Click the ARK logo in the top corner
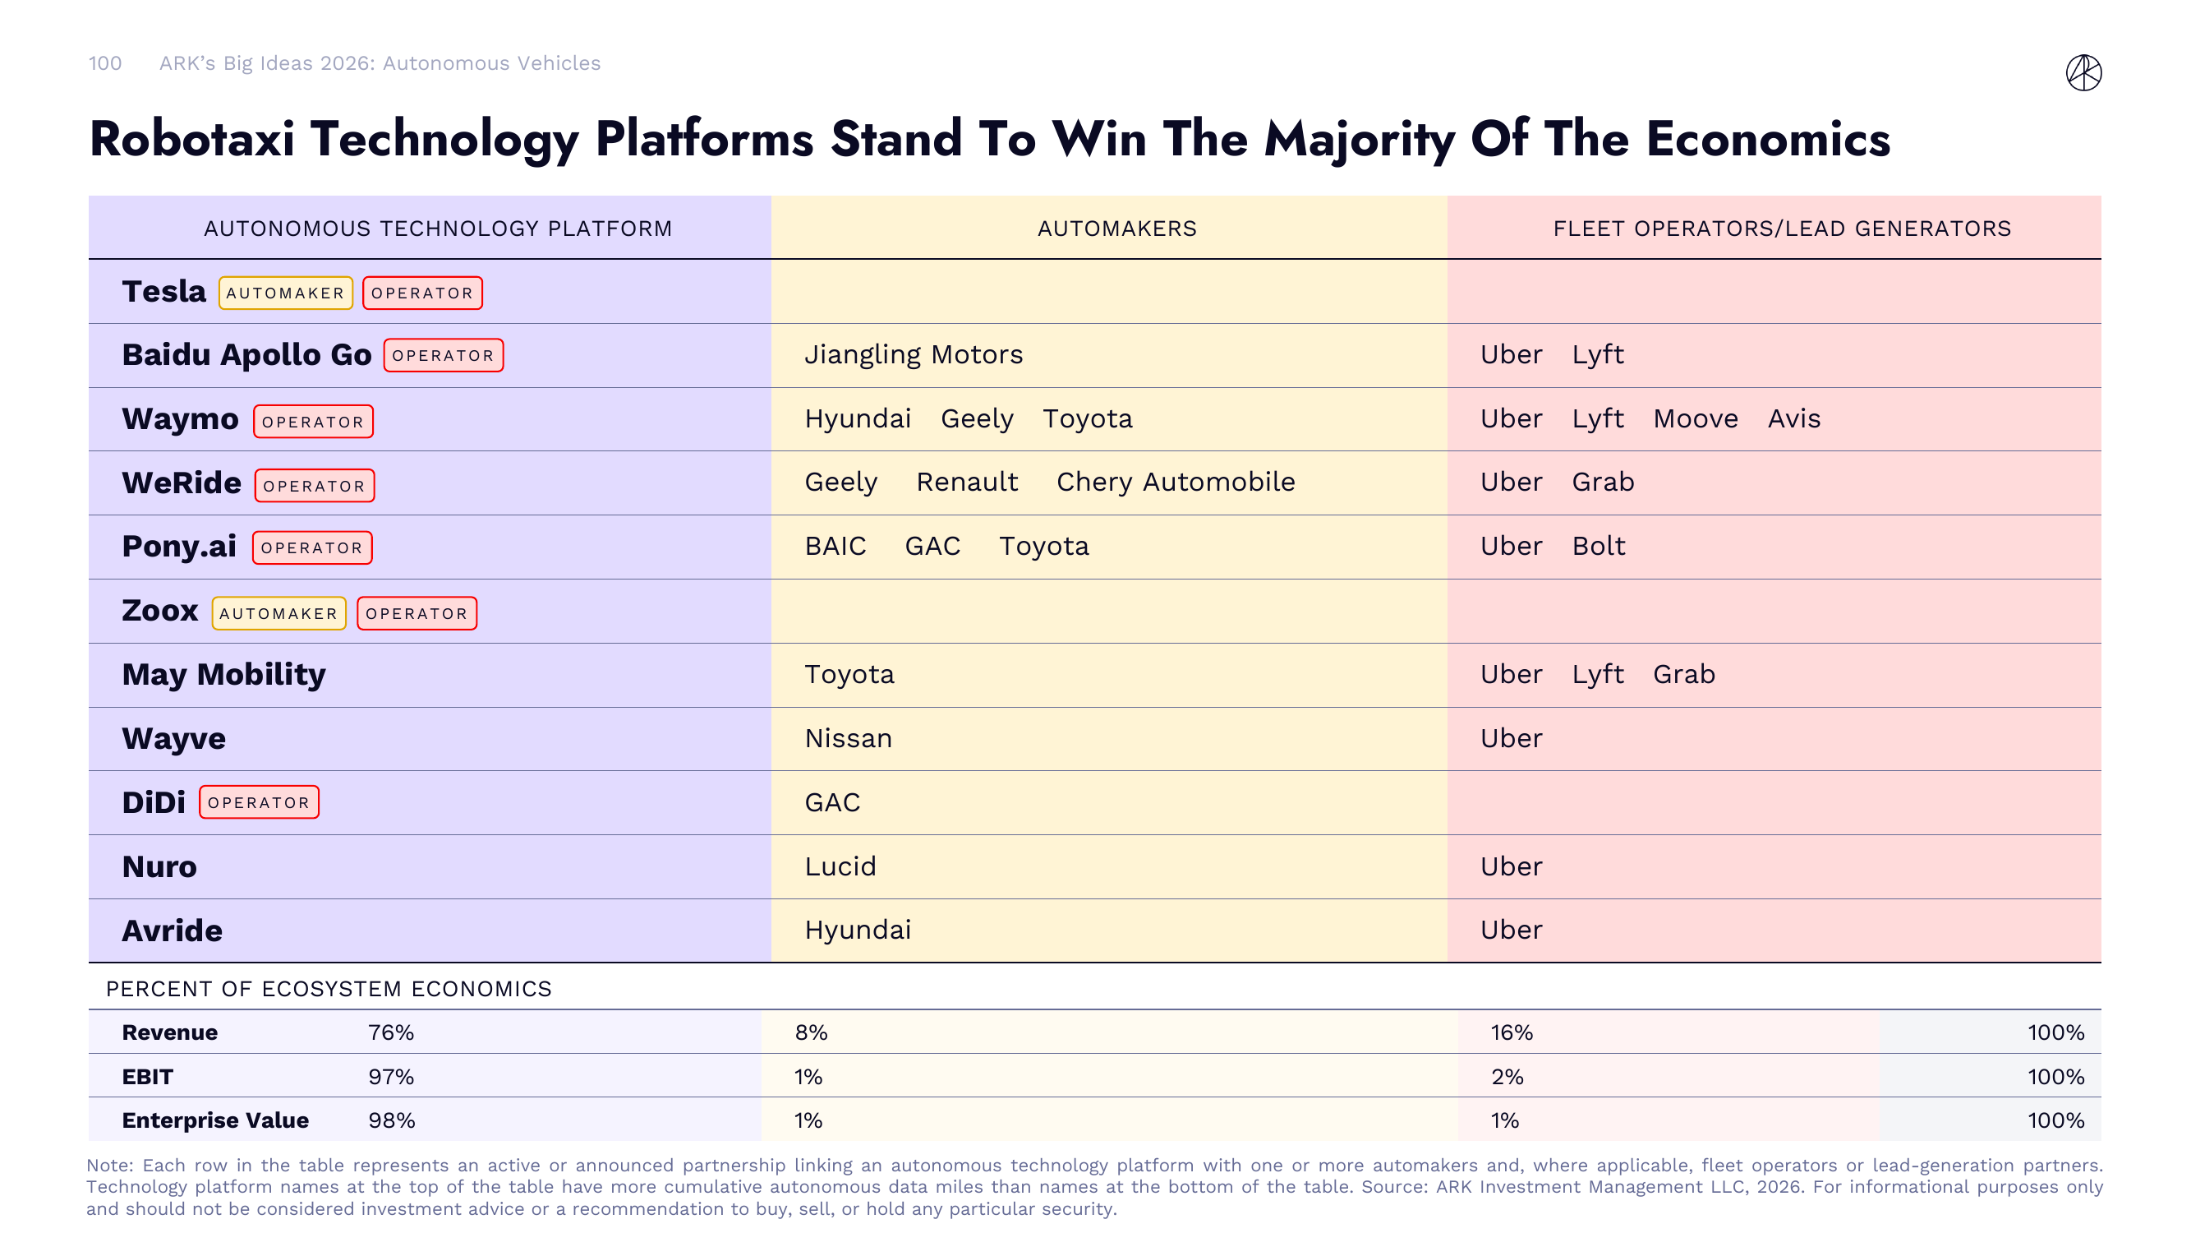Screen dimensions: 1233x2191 2083,72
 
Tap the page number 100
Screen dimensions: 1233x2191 104,63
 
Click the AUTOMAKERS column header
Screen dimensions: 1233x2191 1116,228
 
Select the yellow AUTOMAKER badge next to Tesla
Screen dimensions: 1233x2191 285,293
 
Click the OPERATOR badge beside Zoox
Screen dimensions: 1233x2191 416,613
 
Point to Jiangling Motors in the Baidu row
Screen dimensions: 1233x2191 913,354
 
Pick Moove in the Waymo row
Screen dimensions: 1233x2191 1694,418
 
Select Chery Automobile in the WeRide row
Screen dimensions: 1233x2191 1175,482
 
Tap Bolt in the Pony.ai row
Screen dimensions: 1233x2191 1597,546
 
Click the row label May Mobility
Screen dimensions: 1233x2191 223,674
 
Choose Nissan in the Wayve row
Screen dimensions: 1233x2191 847,738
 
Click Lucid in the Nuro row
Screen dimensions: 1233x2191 840,866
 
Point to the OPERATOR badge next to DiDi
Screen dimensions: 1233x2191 259,802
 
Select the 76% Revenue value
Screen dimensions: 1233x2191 390,1032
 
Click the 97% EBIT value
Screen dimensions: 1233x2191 390,1077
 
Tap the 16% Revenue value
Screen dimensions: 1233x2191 1511,1032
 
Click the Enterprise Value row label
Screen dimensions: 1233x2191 214,1120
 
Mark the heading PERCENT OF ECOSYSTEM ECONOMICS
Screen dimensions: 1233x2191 329,989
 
